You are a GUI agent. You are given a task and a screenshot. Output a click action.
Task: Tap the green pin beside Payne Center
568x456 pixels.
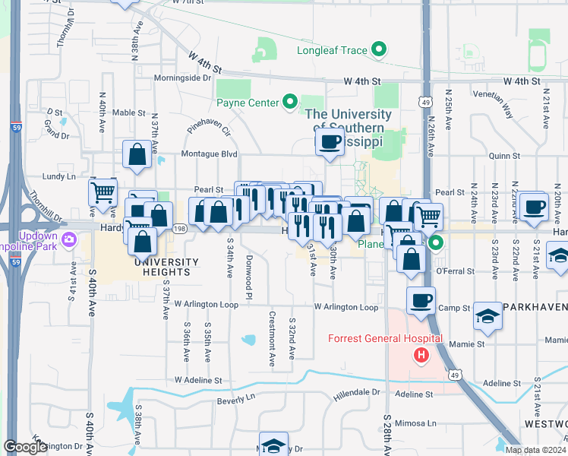coord(289,103)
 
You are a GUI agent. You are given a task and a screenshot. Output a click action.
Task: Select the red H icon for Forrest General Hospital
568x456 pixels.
coord(419,355)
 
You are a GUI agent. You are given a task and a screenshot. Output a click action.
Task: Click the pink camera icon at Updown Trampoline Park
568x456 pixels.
coord(70,240)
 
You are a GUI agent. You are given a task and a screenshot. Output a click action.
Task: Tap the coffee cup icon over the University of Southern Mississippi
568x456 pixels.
coord(330,142)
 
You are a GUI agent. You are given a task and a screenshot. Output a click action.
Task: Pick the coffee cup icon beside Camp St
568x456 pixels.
coord(420,300)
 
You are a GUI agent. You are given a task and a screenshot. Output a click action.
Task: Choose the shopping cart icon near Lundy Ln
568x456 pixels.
coord(103,192)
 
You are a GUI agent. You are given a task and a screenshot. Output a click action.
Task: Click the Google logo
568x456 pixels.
coord(25,447)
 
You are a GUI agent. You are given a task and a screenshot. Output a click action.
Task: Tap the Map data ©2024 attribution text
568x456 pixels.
coord(535,450)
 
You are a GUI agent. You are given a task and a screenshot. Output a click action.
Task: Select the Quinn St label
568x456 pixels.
coord(504,156)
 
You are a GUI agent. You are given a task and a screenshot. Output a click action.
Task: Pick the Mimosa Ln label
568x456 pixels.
coord(421,423)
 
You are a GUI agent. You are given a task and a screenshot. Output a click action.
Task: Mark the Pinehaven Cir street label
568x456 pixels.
coord(208,125)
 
